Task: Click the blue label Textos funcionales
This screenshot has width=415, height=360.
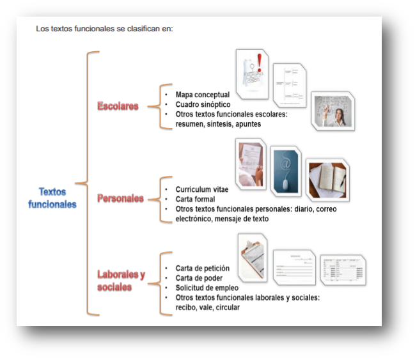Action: coord(52,198)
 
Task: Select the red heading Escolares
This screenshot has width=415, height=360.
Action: coord(118,106)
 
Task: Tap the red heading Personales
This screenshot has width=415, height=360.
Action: coord(120,198)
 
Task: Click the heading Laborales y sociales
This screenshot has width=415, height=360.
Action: coord(120,281)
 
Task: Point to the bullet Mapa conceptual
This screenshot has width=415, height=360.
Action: coord(202,95)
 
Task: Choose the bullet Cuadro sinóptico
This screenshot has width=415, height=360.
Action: coord(203,104)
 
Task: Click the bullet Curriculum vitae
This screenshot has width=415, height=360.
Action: coord(201,190)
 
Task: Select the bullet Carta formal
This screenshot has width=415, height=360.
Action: coord(195,200)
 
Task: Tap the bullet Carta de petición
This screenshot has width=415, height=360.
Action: coord(202,269)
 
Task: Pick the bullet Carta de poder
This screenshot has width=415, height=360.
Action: coord(198,278)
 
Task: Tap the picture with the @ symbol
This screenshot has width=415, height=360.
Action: coord(286,171)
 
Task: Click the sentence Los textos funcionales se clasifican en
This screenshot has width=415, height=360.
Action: coord(104,29)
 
